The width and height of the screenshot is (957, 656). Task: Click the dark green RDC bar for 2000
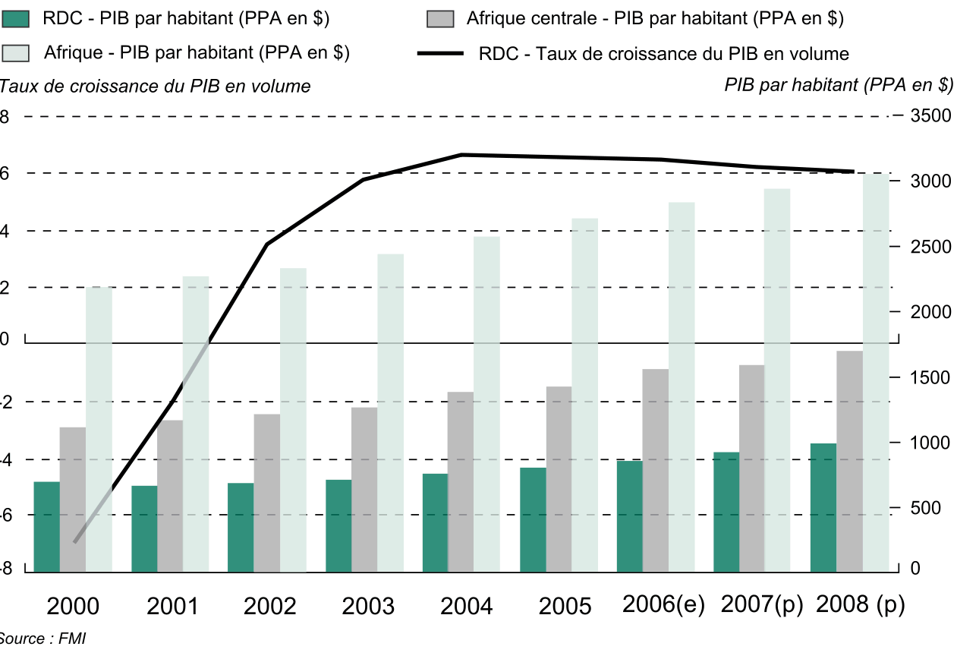click(47, 525)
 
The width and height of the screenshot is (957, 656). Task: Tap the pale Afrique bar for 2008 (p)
click(876, 372)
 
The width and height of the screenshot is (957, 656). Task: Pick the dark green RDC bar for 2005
click(533, 519)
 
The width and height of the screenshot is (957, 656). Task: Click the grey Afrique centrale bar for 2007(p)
click(752, 468)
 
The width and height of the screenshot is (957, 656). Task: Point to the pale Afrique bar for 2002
click(293, 418)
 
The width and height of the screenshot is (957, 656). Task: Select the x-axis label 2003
click(368, 607)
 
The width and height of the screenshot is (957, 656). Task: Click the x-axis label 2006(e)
click(663, 605)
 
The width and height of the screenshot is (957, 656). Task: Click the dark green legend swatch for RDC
click(16, 19)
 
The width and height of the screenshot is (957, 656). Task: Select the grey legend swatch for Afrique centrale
click(441, 19)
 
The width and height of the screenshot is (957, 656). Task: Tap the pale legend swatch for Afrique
click(16, 53)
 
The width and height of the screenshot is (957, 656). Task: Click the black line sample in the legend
click(441, 54)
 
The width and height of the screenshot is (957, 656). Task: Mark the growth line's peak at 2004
click(462, 155)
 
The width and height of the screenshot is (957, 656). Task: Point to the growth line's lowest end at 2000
click(74, 542)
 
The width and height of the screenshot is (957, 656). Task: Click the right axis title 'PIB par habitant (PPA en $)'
click(839, 86)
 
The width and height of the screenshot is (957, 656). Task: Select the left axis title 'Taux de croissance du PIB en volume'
click(156, 87)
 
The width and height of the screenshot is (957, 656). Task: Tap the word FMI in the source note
click(74, 639)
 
